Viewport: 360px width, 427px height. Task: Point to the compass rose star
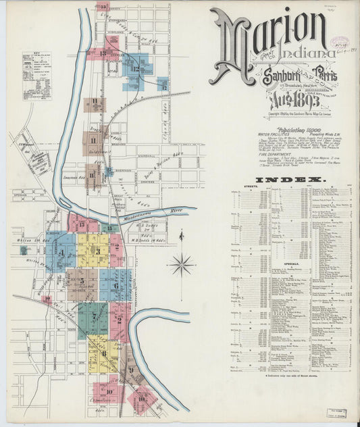181,264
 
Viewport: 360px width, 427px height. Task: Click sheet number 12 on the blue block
136,68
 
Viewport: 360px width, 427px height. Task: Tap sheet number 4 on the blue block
61,253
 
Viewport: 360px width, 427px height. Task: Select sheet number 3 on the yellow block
97,251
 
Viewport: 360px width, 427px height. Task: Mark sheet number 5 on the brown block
82,281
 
